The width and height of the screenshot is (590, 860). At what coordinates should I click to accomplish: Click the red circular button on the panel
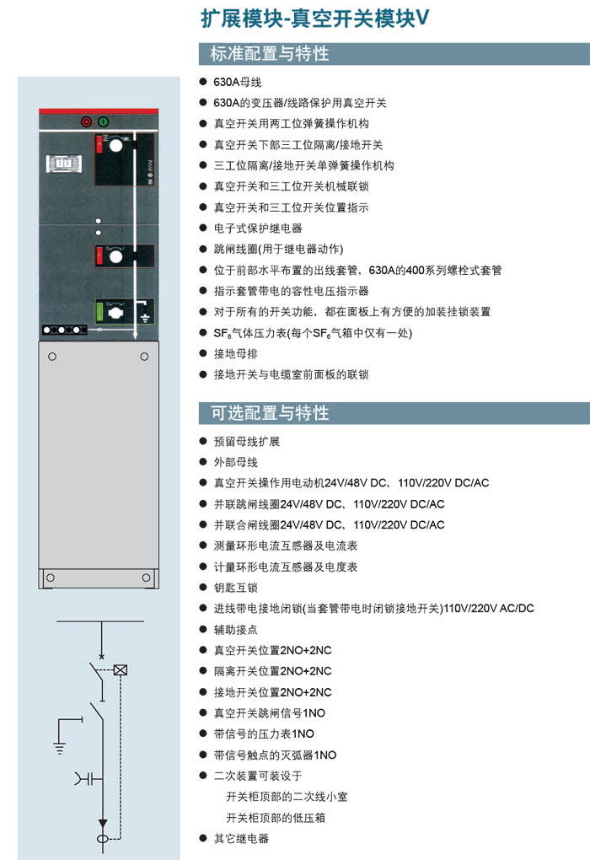[86, 121]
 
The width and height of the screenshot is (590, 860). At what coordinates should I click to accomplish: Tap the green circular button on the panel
[103, 121]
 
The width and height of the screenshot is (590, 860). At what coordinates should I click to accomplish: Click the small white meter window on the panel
[64, 164]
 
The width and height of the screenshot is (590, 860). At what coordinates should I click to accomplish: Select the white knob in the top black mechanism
[116, 145]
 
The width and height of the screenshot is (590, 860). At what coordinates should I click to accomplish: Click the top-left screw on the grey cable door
[52, 357]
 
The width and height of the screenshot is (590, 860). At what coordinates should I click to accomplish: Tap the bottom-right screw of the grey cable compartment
[146, 578]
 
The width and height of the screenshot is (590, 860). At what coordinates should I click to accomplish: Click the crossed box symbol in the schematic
[120, 669]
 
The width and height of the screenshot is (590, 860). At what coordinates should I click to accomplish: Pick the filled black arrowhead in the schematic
[102, 824]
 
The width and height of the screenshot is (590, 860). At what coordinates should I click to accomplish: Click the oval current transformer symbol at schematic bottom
[103, 839]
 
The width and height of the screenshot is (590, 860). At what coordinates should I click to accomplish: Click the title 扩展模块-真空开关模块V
[314, 18]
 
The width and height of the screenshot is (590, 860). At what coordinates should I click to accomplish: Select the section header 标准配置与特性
[269, 54]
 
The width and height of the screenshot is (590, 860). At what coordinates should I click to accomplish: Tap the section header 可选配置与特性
[270, 412]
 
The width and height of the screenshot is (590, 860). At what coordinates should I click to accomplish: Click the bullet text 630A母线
[237, 82]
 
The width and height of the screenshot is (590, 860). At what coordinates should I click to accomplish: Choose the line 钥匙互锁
[235, 588]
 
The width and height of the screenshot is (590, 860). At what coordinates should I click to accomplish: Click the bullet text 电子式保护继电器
[258, 228]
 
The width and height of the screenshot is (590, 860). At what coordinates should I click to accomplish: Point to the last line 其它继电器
[241, 838]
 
